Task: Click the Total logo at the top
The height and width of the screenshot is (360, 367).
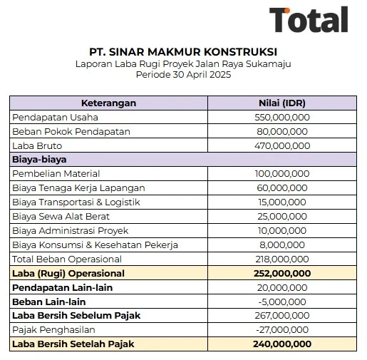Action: pos(309,21)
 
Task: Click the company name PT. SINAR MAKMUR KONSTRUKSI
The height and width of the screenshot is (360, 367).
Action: pos(183,52)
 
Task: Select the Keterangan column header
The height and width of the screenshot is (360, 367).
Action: pos(108,103)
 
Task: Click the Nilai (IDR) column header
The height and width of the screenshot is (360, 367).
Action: pos(282,103)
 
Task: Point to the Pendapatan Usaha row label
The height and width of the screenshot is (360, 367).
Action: pos(55,117)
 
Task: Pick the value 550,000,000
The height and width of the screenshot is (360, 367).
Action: pos(281,117)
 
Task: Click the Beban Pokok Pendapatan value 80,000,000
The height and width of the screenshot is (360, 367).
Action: pos(281,131)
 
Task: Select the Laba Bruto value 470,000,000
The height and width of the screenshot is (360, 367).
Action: pos(281,145)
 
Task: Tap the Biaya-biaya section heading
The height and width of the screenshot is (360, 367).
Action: pos(40,160)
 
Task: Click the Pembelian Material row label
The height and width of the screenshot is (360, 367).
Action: pos(56,174)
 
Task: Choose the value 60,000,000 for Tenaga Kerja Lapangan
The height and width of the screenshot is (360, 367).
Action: pos(281,188)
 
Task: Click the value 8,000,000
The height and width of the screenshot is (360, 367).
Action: pos(281,245)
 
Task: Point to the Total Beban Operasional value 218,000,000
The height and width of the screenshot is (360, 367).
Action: pos(281,259)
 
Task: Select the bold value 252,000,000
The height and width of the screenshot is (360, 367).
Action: pos(282,274)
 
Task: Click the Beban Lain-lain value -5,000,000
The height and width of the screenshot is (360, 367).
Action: pos(281,302)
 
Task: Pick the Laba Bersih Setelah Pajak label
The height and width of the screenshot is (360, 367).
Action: pos(73,344)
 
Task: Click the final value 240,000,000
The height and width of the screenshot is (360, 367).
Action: pos(282,344)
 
